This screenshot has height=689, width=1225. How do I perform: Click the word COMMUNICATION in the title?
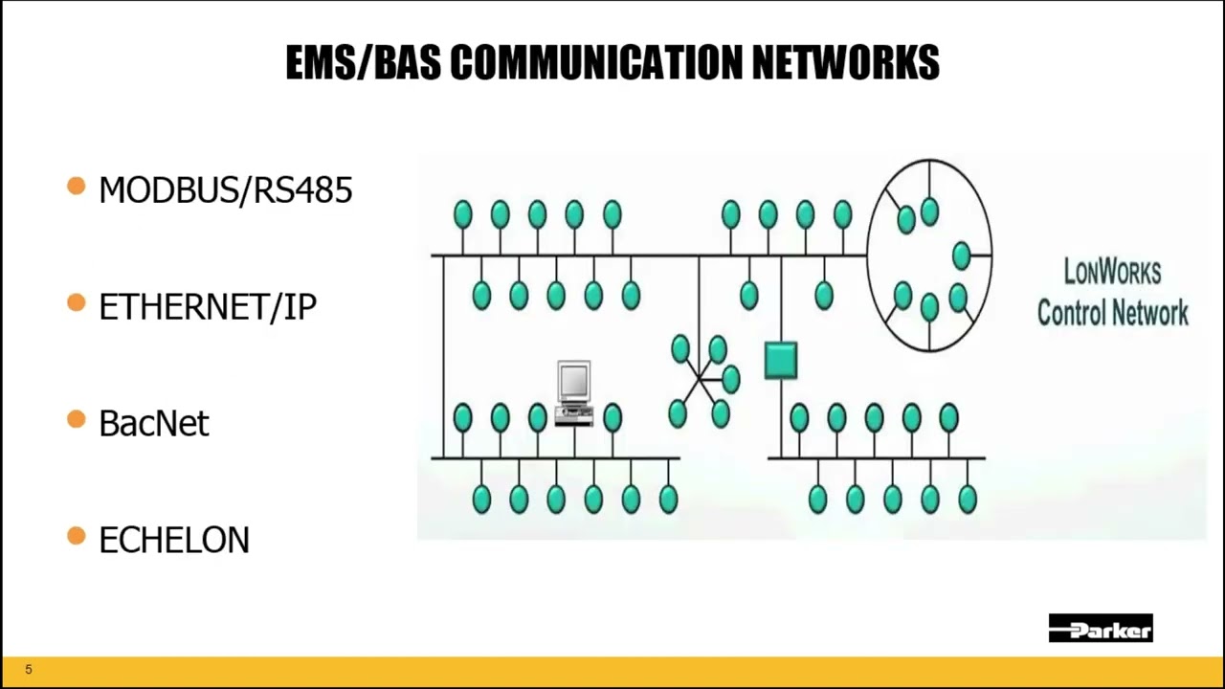pyautogui.click(x=595, y=63)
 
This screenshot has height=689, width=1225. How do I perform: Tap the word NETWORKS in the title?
pyautogui.click(x=845, y=63)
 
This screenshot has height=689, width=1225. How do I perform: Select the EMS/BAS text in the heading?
pyautogui.click(x=364, y=63)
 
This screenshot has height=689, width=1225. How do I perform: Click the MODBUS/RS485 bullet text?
pyautogui.click(x=225, y=190)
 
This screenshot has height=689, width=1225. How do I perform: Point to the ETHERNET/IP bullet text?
pyautogui.click(x=207, y=307)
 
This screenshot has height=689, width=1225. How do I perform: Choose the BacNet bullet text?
pyautogui.click(x=153, y=423)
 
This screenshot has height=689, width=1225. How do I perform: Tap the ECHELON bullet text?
pyautogui.click(x=173, y=540)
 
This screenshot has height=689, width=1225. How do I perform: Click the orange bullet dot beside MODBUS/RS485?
pyautogui.click(x=77, y=187)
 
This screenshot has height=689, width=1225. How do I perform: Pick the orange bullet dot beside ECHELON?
pyautogui.click(x=77, y=537)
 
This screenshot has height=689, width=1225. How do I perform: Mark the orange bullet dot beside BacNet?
pyautogui.click(x=77, y=419)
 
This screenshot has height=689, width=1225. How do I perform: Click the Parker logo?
pyautogui.click(x=1101, y=629)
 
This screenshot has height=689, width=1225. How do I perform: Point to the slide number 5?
pyautogui.click(x=29, y=670)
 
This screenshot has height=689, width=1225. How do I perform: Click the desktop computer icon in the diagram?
pyautogui.click(x=574, y=392)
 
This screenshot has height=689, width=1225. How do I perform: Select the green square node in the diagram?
pyautogui.click(x=781, y=360)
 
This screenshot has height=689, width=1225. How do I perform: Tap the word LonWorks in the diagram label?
pyautogui.click(x=1112, y=273)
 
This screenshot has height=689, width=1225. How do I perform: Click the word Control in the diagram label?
pyautogui.click(x=1076, y=312)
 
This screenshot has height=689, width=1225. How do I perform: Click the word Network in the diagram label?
pyautogui.click(x=1153, y=312)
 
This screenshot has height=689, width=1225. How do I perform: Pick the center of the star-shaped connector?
pyautogui.click(x=702, y=379)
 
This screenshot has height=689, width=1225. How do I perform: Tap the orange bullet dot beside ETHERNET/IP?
pyautogui.click(x=77, y=303)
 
